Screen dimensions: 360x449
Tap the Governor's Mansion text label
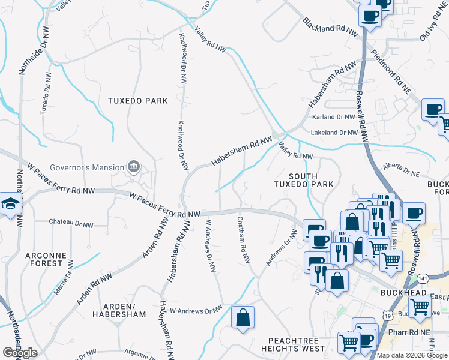point(86,167)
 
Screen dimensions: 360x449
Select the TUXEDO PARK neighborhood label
point(137,101)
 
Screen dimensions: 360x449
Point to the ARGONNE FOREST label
point(44,259)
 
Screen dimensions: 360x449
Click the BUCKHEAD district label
point(403,293)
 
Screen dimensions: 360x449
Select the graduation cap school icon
point(11,204)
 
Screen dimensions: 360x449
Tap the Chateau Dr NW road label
point(71,225)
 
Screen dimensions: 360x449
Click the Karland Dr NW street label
point(334,117)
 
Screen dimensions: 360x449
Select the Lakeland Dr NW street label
point(334,133)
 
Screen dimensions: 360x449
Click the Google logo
point(20,353)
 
